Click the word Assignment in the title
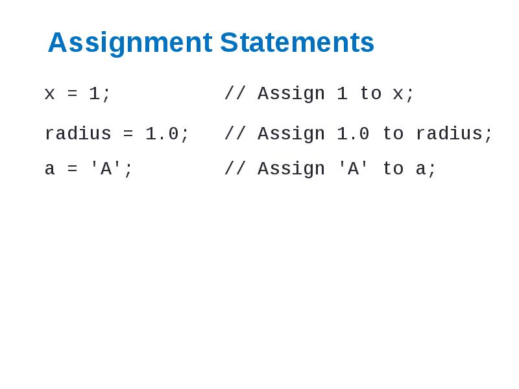pos(130,43)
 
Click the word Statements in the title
pos(297,43)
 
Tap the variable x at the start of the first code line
pos(50,95)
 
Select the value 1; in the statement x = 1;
pos(100,95)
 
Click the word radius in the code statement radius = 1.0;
pos(78,134)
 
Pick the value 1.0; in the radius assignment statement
pos(167,134)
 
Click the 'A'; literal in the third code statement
pos(111,169)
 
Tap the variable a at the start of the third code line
pos(50,170)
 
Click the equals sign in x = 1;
pos(72,95)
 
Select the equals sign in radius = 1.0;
pos(128,134)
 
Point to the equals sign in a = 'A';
pos(72,170)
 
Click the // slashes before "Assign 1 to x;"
pos(235,94)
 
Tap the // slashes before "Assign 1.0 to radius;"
pos(235,134)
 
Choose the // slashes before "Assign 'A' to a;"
pos(235,169)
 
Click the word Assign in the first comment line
pos(291,95)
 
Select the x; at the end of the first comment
pos(404,95)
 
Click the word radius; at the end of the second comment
pos(454,134)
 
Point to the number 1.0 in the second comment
pos(353,134)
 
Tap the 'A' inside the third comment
pos(353,169)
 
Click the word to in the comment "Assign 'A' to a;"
pos(392,169)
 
